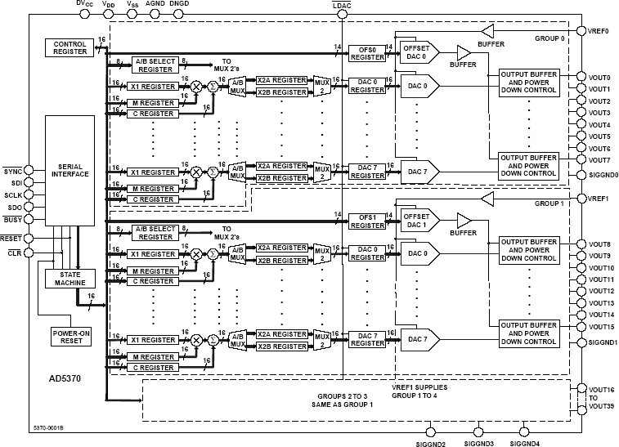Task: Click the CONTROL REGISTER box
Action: click(70, 48)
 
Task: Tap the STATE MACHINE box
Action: click(70, 278)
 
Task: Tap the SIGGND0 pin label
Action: click(603, 174)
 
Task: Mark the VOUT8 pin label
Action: click(599, 244)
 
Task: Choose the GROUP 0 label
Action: click(550, 37)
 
